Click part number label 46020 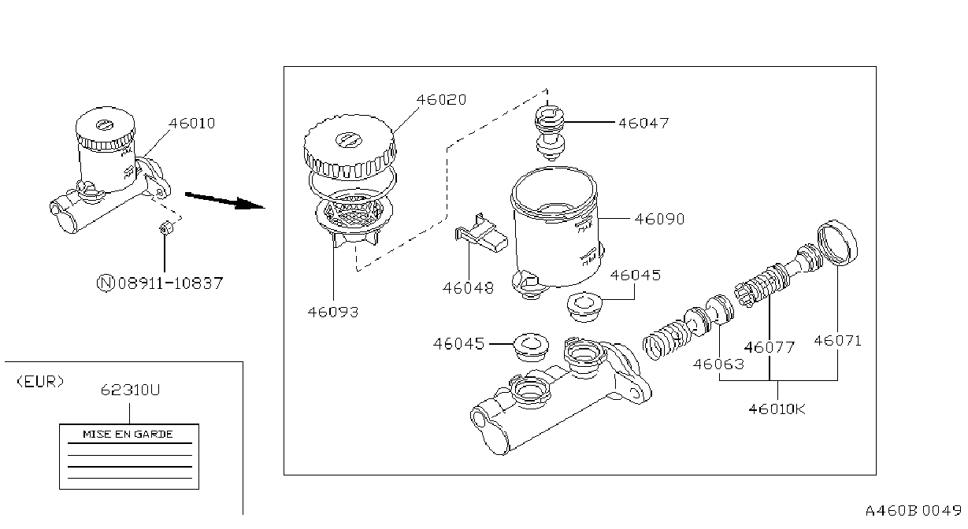[x=441, y=100]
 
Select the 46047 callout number [x=643, y=124]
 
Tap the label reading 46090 [x=659, y=219]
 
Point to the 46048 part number [x=468, y=288]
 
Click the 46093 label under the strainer [x=333, y=312]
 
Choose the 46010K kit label [x=777, y=409]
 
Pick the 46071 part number [x=837, y=341]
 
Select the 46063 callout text [x=718, y=364]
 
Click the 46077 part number [x=770, y=347]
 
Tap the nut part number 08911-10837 [x=170, y=283]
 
